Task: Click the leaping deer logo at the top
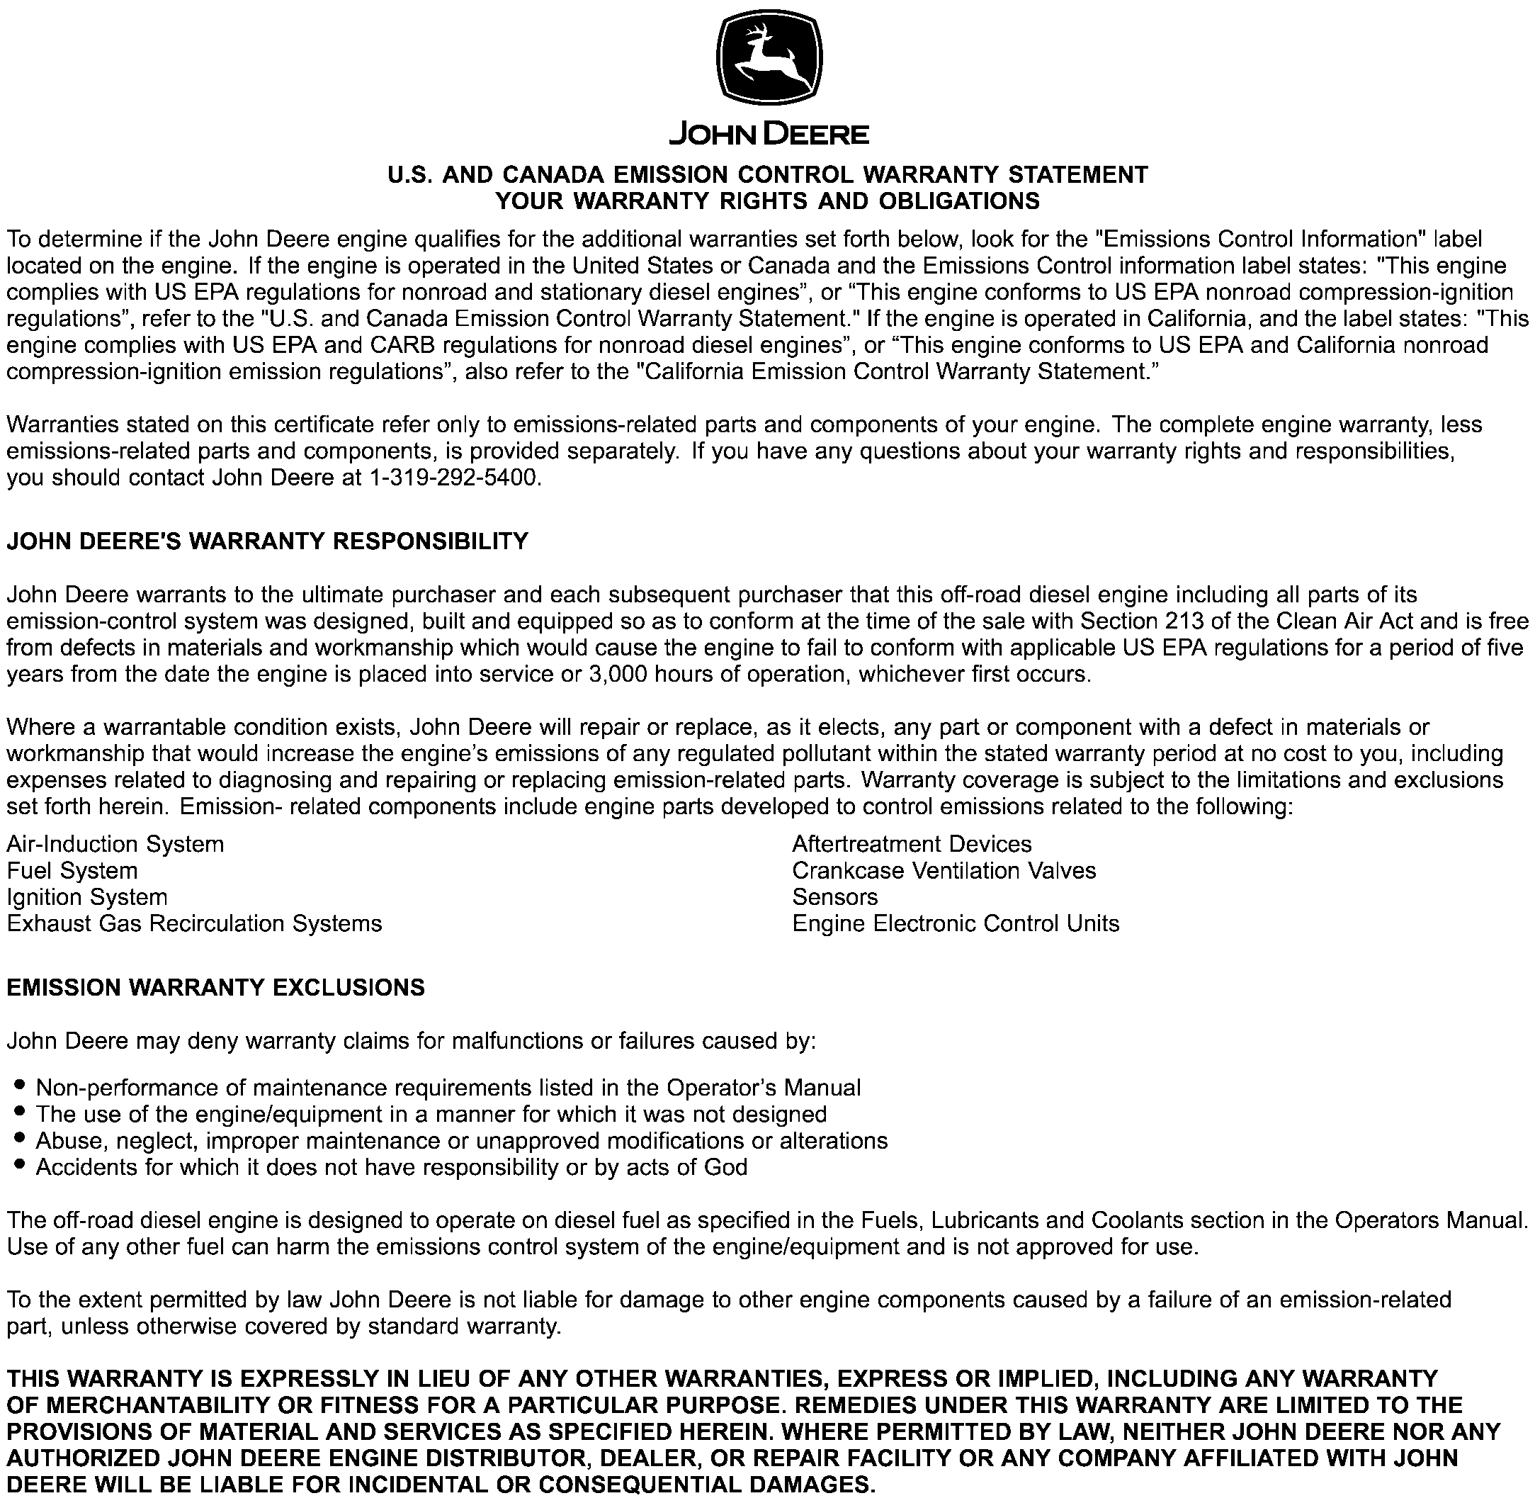(x=769, y=61)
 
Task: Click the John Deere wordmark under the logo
(x=769, y=134)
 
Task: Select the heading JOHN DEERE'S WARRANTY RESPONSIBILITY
(x=268, y=541)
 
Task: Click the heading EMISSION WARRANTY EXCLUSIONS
(x=215, y=988)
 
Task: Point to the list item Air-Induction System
(x=115, y=845)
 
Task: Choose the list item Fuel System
(x=72, y=871)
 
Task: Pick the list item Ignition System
(x=87, y=898)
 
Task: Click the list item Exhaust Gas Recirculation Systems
(x=194, y=923)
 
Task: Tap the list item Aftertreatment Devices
(x=912, y=845)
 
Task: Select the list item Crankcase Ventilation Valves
(x=944, y=871)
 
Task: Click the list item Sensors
(x=834, y=898)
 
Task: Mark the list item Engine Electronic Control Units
(x=955, y=923)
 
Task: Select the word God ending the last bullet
(x=725, y=1168)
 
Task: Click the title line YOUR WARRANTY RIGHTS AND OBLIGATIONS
(x=767, y=201)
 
